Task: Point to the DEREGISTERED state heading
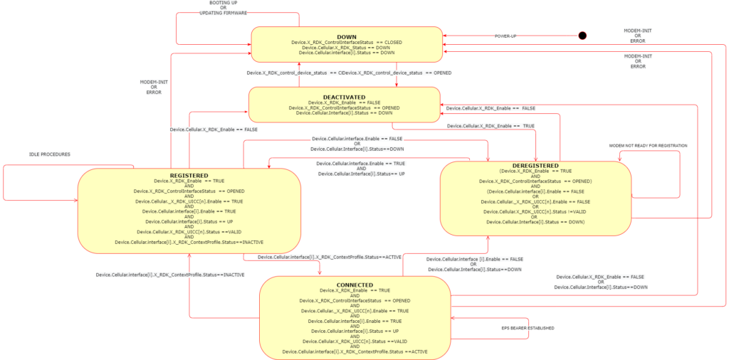(535, 165)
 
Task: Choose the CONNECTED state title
(355, 284)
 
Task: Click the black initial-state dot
(582, 36)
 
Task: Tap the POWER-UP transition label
(507, 36)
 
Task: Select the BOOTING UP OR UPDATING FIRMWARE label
(219, 9)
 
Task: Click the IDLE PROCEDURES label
(50, 154)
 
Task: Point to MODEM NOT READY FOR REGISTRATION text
(648, 146)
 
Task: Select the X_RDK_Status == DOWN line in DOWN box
(347, 48)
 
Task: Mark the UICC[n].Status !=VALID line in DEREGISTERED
(535, 211)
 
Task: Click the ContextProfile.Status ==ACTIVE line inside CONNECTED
(355, 351)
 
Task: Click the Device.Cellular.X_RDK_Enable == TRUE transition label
(491, 126)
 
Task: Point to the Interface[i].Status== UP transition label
(362, 174)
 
